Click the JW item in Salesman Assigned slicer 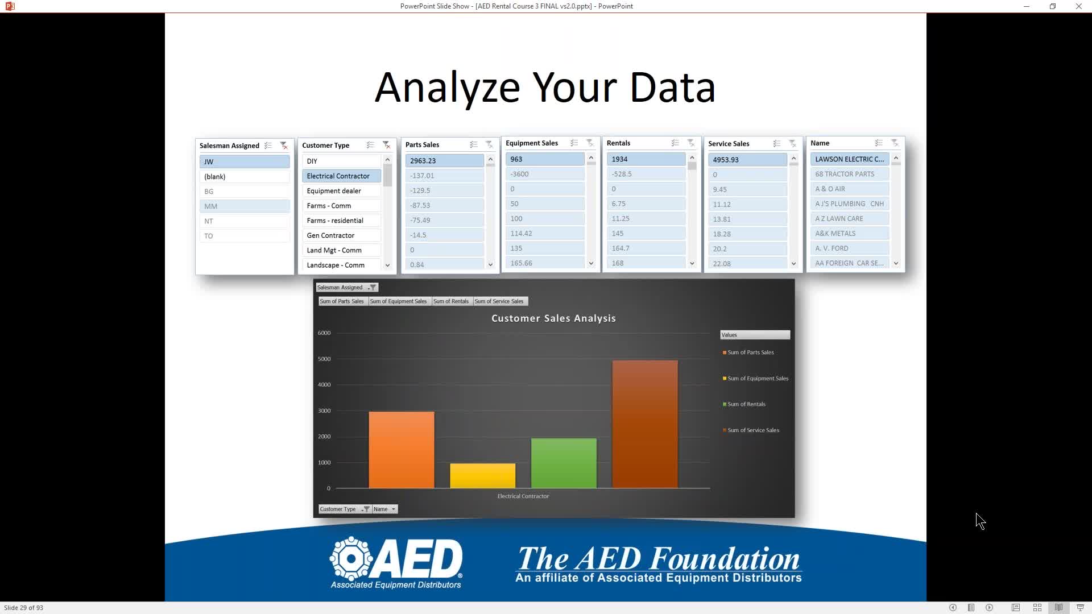pos(245,162)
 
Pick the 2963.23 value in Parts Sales pos(444,161)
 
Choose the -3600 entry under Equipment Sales pos(545,174)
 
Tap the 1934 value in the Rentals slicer pos(646,159)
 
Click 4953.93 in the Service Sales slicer pos(747,160)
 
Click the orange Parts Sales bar pos(402,450)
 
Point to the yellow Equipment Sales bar pos(483,476)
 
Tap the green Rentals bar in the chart pos(564,463)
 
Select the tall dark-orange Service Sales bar pos(645,424)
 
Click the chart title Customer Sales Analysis pos(553,318)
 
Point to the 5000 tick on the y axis pos(324,359)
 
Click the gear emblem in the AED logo pos(351,558)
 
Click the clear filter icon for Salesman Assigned pos(284,146)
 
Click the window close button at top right pos(1078,6)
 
